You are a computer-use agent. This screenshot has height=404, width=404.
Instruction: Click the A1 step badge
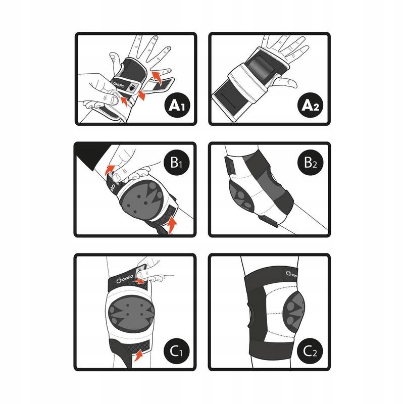(177, 105)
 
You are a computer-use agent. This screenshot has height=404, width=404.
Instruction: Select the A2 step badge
(311, 105)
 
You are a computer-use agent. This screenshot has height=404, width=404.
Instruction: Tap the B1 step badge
(176, 163)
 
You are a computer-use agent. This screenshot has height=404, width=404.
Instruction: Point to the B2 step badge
(310, 163)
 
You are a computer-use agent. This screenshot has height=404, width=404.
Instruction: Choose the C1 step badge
(176, 351)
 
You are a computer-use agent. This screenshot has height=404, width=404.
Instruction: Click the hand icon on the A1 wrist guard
(133, 87)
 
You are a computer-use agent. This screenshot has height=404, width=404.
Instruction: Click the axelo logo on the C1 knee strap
(125, 279)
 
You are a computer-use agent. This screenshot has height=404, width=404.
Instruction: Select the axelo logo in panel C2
(292, 274)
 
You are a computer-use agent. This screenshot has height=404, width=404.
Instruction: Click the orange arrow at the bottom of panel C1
(138, 356)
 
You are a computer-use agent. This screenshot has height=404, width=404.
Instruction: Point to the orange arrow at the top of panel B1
(110, 169)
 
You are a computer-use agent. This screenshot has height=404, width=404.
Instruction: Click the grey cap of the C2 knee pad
(293, 312)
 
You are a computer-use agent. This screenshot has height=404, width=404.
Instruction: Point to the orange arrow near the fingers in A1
(157, 78)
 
